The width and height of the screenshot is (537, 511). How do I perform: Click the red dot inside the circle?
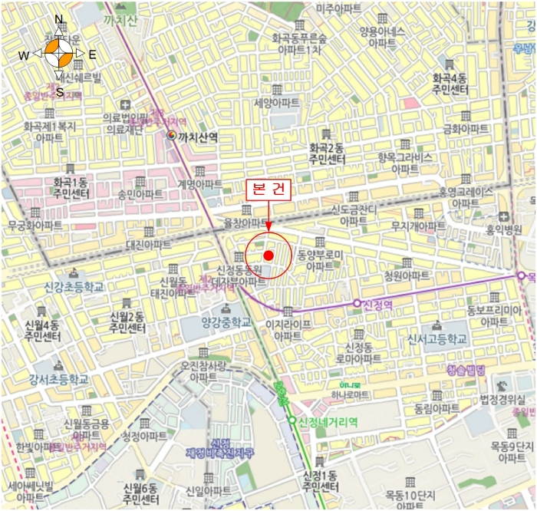[x=268, y=255]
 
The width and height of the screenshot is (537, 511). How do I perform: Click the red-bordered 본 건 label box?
[x=268, y=190]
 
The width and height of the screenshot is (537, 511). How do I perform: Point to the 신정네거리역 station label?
[x=328, y=420]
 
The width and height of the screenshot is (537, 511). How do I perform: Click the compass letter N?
[x=59, y=19]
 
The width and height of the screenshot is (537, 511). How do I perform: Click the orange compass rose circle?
[x=59, y=54]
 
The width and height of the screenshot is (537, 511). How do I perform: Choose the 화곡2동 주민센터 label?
[x=327, y=153]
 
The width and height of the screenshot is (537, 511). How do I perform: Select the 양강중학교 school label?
[x=226, y=323]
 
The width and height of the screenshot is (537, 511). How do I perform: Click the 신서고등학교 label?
[x=437, y=338]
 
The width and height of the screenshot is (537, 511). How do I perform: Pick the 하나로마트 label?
[x=350, y=394]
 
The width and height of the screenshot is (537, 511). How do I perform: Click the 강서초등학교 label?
[x=58, y=379]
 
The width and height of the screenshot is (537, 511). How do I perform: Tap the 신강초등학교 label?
[x=73, y=286]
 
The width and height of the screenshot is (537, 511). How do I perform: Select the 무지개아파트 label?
[x=418, y=226]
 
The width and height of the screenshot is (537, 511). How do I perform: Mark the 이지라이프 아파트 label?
[x=287, y=331]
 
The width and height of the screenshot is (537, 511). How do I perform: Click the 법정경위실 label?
[x=506, y=398]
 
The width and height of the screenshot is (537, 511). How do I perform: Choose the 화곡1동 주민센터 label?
[x=71, y=189]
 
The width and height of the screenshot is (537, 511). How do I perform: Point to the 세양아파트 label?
[x=276, y=102]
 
